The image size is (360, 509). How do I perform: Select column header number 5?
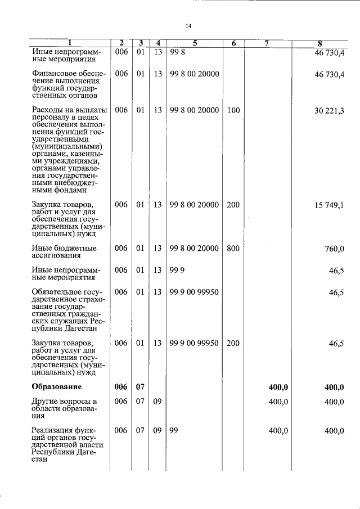[195, 43]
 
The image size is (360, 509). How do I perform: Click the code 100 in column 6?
[233, 111]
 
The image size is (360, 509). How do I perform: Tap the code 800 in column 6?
[233, 249]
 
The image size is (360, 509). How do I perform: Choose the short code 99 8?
[177, 52]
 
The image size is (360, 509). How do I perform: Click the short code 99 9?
[177, 271]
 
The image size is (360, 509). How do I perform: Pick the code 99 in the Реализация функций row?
[174, 431]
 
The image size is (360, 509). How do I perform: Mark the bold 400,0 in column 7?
[278, 387]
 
